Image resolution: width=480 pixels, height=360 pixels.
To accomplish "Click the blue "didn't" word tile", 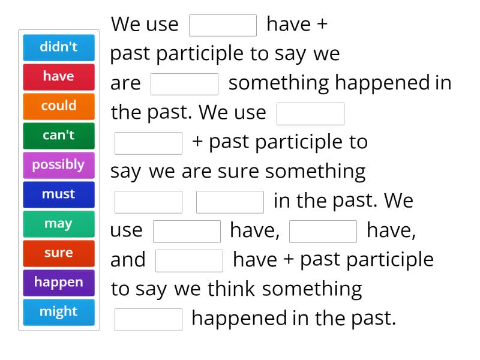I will pos(59,47).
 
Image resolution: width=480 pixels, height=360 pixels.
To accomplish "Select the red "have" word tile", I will pos(59,77).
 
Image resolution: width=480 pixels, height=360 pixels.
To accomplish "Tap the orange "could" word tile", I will pos(59,106).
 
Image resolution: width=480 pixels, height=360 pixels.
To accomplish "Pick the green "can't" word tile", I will pos(59,136).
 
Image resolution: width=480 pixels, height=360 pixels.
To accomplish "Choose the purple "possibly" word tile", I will pos(59,165).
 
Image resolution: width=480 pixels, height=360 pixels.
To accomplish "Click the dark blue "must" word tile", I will pos(59,194).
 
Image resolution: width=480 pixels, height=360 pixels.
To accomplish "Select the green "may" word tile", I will pos(59,224).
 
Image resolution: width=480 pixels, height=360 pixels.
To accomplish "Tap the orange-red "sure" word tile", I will pos(59,253).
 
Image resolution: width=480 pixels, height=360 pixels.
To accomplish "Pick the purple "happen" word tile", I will pos(59,283).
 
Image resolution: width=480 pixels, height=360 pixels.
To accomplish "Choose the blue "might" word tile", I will pos(59,312).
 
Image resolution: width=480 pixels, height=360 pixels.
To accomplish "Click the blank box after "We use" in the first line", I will pos(223,25).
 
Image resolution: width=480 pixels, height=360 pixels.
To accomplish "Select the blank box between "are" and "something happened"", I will pos(184,84).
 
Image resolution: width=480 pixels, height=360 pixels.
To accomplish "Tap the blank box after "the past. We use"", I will pos(310,113).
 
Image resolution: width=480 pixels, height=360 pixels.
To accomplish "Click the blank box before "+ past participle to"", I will pos(148,143).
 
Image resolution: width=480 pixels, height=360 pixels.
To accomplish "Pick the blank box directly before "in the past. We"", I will pos(230,202).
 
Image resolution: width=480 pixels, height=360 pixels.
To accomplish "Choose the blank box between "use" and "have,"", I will pos(187,231).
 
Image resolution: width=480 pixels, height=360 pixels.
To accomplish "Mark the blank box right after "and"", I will pos(189,260).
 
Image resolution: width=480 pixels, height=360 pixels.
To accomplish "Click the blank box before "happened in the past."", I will pos(148,319).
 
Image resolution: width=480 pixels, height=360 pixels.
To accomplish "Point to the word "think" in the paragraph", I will pos(232,289).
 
